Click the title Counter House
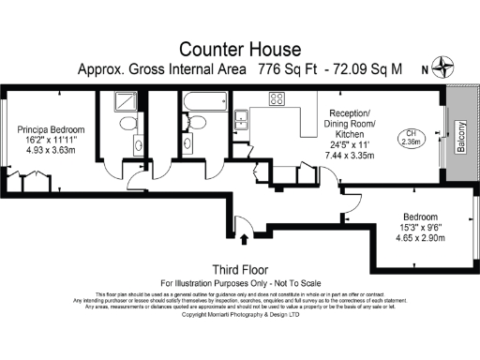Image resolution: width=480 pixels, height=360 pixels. tap(239, 48)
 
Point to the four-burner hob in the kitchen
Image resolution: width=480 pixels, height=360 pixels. tap(278, 97)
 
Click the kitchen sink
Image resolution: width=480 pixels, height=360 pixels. tap(241, 118)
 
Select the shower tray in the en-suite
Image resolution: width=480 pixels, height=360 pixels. tap(128, 102)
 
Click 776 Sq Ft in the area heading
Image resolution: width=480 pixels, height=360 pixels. tap(287, 69)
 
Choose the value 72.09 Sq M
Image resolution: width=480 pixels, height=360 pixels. tap(368, 69)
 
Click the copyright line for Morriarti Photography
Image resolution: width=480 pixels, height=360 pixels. tap(239, 315)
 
